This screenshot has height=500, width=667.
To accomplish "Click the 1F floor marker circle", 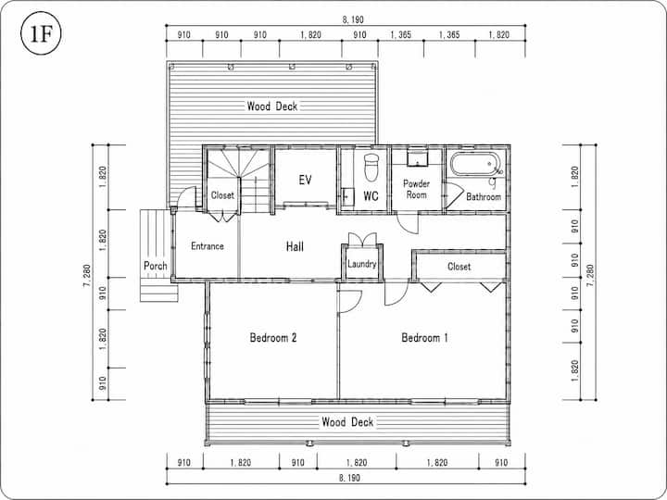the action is tap(41, 34).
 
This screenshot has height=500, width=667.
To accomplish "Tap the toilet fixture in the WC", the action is tap(371, 167).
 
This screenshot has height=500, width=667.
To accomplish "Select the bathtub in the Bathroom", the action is tap(474, 164).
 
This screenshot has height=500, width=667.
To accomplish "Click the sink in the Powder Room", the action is tap(417, 157).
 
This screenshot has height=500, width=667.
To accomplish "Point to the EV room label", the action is tap(305, 180).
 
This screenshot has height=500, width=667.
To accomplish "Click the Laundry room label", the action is tap(362, 264).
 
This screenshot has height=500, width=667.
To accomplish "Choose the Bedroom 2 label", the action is tap(273, 338).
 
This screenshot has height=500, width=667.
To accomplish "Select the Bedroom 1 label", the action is tap(424, 338).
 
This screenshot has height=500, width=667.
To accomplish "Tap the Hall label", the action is tap(295, 246).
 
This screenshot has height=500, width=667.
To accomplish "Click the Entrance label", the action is tap(208, 246).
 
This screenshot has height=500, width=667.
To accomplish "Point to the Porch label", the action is tap(156, 266).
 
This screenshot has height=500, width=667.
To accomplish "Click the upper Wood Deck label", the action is tap(272, 106).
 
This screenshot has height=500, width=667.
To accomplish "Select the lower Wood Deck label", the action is tap(347, 422).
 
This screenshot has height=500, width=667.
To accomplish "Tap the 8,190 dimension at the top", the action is tap(353, 19).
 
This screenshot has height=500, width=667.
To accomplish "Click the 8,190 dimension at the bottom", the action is tap(349, 478).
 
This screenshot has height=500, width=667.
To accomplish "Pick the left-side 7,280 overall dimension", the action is tap(87, 276).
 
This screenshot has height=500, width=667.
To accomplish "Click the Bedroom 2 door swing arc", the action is tap(357, 306).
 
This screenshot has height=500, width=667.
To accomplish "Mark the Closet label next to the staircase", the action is tap(222, 195).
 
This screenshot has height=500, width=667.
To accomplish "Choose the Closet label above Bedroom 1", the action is tap(459, 267).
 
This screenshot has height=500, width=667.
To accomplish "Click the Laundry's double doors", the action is tap(362, 239).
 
